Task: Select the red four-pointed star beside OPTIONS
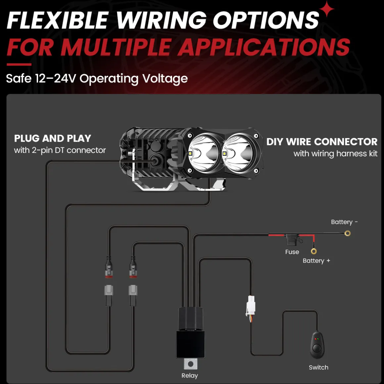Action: click(x=327, y=9)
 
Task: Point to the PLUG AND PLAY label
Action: click(x=53, y=138)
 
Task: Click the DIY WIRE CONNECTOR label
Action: click(x=322, y=142)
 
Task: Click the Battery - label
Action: click(x=344, y=222)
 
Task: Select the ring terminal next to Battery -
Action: click(x=347, y=233)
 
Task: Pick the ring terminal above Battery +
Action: click(x=314, y=251)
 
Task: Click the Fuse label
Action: click(x=292, y=252)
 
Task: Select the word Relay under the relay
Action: click(x=190, y=375)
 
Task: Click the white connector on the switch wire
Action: click(x=250, y=306)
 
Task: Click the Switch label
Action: click(x=318, y=367)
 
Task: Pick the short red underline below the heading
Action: click(x=19, y=65)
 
